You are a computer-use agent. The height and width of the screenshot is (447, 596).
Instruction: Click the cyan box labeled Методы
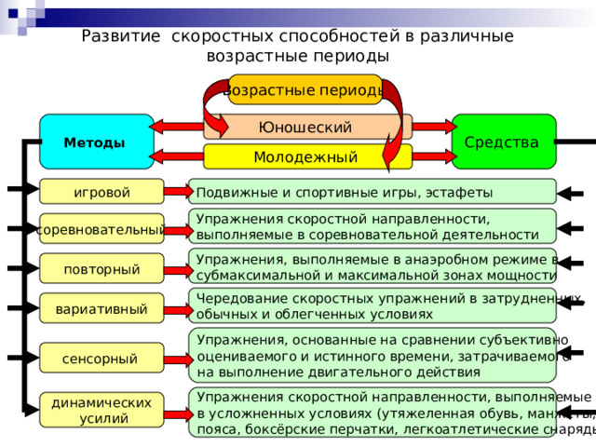95,142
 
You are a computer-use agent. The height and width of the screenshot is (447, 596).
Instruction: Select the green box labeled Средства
503,142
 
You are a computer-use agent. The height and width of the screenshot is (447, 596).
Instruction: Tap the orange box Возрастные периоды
305,89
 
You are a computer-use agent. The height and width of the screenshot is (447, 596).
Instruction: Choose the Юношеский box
307,127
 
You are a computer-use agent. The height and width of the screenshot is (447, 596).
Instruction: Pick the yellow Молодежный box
307,156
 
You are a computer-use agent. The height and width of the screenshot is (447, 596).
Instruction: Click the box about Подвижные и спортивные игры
372,192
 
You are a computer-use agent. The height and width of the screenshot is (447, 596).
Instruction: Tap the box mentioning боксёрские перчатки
372,413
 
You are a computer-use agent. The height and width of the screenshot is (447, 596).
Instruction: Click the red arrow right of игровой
177,192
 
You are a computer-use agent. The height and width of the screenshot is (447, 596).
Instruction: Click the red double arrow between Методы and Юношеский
179,126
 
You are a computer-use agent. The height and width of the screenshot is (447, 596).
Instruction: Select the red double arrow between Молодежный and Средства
431,156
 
